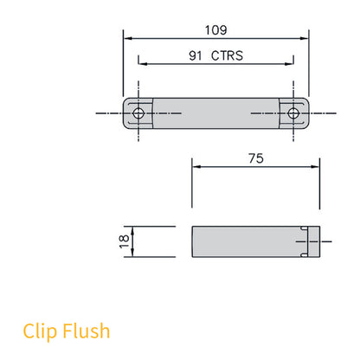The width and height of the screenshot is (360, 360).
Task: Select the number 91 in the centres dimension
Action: [196, 56]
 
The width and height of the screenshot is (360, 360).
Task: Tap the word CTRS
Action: [228, 56]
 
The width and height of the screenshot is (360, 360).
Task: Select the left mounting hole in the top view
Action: [138, 113]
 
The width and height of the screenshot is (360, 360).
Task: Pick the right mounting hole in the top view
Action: [294, 113]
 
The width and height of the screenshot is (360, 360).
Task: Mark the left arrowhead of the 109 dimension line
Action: [127, 37]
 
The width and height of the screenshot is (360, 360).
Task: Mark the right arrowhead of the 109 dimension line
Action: [305, 37]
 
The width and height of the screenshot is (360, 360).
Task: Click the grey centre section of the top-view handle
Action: [216, 113]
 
